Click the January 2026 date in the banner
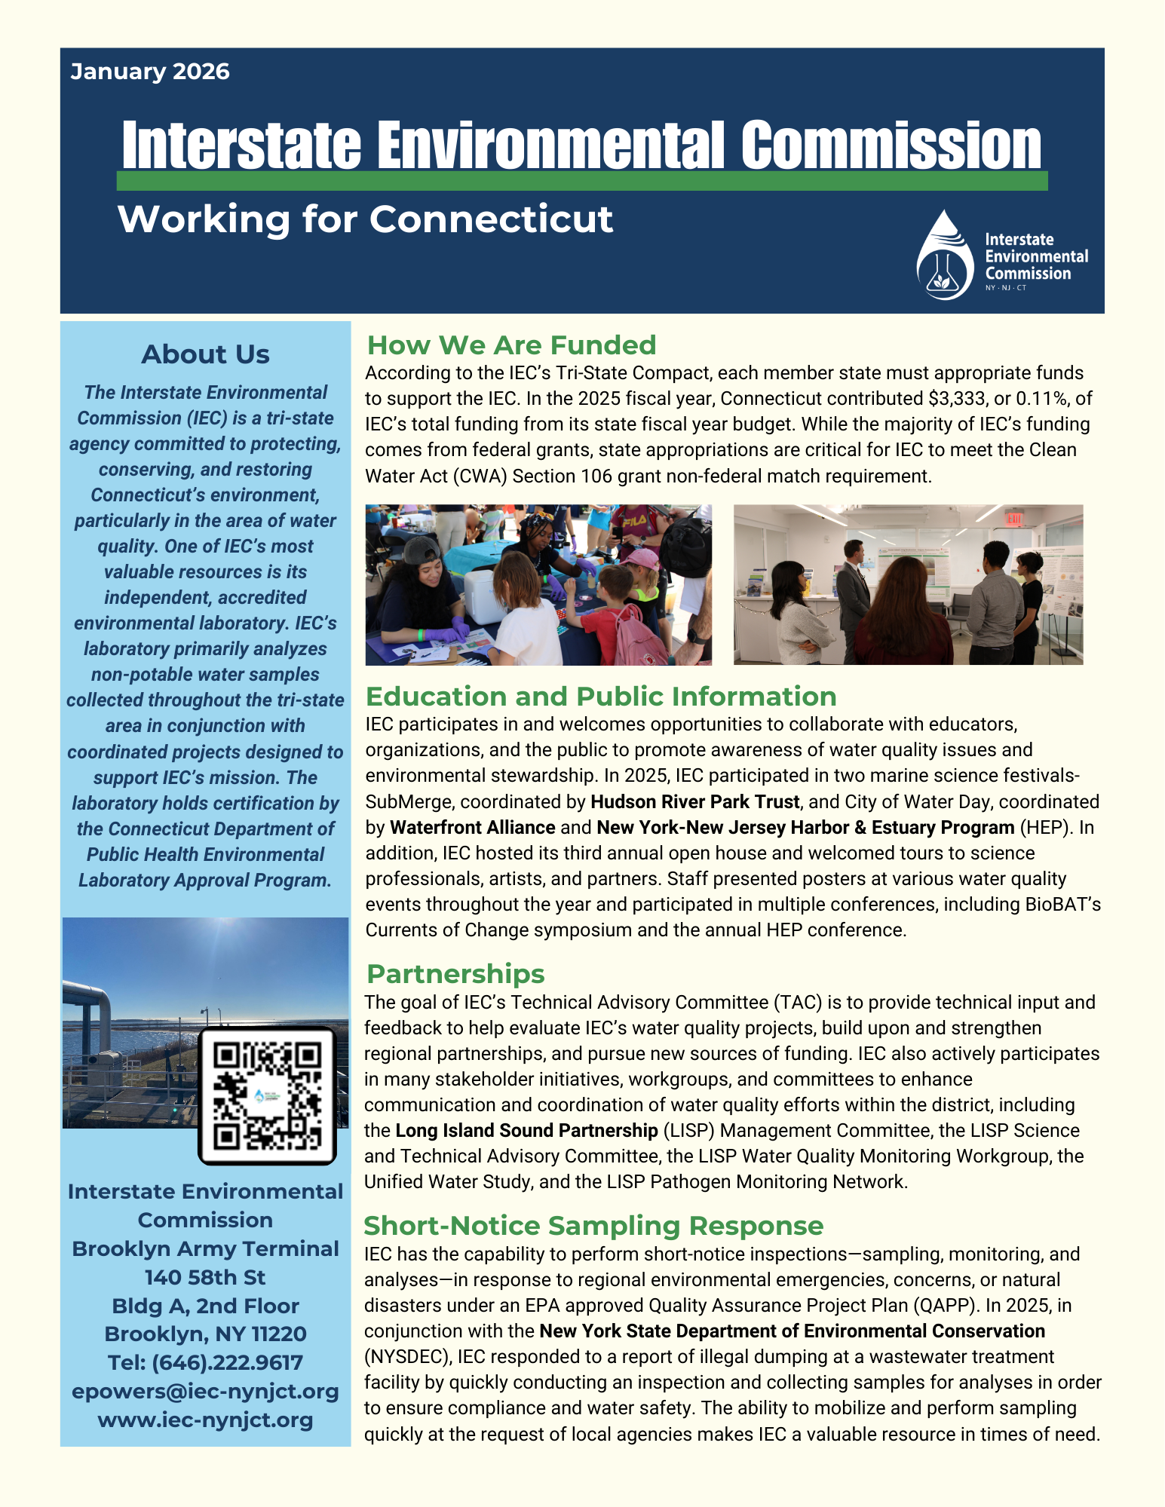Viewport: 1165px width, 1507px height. [150, 72]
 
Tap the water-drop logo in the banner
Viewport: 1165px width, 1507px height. [946, 256]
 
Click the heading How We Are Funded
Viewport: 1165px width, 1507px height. [511, 345]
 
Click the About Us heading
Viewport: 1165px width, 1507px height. [205, 354]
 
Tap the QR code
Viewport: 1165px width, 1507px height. [267, 1095]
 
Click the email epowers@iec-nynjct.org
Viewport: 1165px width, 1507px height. [205, 1391]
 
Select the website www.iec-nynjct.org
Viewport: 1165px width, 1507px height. [205, 1420]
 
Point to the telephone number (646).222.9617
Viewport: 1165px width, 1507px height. [227, 1362]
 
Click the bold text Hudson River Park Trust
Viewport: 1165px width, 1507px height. [694, 801]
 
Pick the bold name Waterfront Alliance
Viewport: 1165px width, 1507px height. [472, 827]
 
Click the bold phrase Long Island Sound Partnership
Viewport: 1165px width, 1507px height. [526, 1130]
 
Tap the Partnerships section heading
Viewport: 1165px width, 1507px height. [455, 974]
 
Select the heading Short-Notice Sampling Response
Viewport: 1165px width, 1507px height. [593, 1226]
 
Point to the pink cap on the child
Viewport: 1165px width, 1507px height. [640, 558]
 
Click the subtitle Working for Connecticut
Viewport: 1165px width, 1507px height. [365, 219]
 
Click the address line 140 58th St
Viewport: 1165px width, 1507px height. [205, 1277]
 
